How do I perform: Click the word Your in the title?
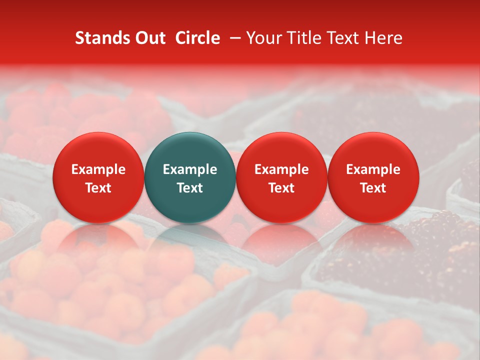[263, 38]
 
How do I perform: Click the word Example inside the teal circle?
[190, 169]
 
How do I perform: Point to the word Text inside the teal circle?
[190, 188]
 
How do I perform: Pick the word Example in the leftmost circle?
[98, 169]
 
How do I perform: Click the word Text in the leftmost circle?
[98, 188]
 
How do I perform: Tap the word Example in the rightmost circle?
[373, 169]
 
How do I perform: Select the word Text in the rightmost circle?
[373, 188]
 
